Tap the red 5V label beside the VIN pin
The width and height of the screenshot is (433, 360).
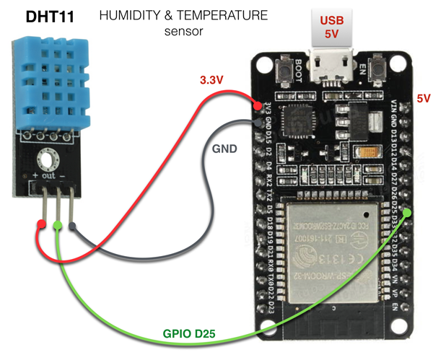point(423,98)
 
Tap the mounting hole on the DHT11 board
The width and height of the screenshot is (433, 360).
point(49,159)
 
